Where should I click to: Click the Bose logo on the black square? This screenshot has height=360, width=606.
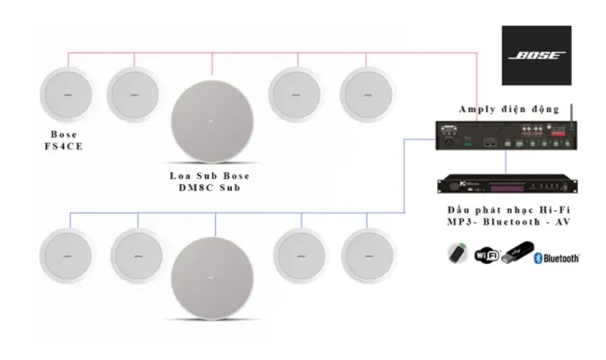click(x=537, y=55)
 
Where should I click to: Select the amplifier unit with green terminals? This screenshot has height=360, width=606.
click(x=504, y=136)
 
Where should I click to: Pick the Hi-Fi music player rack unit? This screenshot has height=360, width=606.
click(x=504, y=184)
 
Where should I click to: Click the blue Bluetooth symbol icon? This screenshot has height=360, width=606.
click(x=539, y=258)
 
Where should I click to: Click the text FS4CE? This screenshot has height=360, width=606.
click(x=64, y=146)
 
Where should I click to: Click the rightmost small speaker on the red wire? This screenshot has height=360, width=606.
click(x=366, y=94)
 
